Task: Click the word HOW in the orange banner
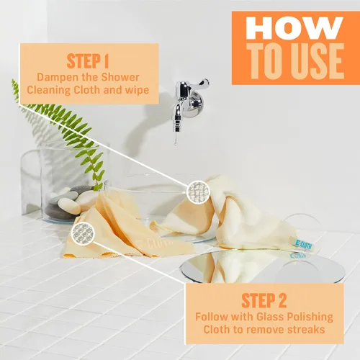tap(294, 28)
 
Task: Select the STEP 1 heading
tap(88, 61)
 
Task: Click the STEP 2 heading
tap(264, 300)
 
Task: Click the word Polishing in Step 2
tap(310, 318)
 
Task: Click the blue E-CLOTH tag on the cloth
tap(304, 245)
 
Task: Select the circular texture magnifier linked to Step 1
tap(198, 192)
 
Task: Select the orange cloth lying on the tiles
tap(125, 230)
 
